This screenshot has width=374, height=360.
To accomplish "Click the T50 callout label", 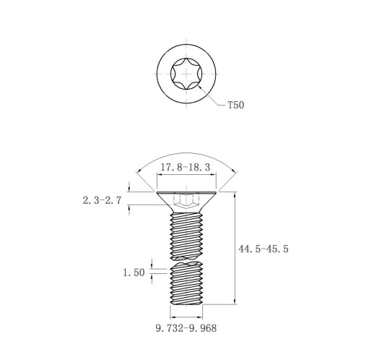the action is (x=236, y=105).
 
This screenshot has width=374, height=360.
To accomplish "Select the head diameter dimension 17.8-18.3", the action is (x=186, y=167).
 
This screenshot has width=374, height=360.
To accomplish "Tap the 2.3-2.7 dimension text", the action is (x=102, y=200).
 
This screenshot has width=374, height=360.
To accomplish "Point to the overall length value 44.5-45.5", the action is (x=264, y=249).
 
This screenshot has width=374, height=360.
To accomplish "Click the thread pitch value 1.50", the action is (x=134, y=273).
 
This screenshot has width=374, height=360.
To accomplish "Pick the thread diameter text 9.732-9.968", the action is (x=186, y=328).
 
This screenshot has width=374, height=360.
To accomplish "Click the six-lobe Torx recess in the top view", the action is (x=186, y=74).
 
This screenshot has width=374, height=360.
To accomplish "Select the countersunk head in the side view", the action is (x=186, y=202).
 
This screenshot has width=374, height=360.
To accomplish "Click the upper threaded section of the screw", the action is (x=186, y=236).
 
